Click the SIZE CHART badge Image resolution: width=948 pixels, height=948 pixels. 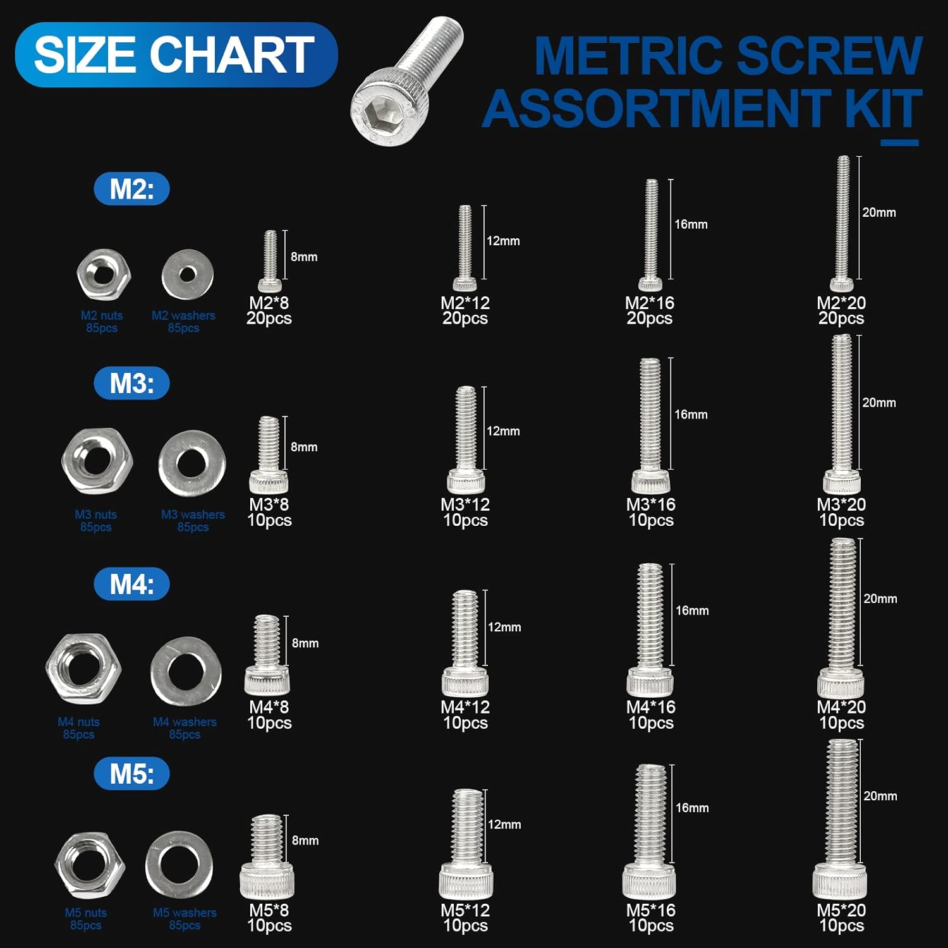pos(176,54)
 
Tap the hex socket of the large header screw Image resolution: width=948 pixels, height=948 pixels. pos(368,110)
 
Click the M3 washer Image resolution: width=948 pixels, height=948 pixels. pos(192,464)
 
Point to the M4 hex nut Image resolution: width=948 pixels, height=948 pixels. pos(83,667)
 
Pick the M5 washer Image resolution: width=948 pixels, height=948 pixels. pos(179,865)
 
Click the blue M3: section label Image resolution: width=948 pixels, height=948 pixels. pos(131,383)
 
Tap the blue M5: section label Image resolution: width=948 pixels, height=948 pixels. pos(131,774)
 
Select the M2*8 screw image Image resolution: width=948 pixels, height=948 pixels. pos(270,260)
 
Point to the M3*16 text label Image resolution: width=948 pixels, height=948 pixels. pos(650,504)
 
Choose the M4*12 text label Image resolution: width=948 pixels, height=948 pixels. pos(465,707)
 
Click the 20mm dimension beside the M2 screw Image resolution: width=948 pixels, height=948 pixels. pos(879,212)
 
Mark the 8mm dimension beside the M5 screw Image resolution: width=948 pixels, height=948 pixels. pos(305,841)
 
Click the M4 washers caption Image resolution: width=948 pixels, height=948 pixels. pos(185,722)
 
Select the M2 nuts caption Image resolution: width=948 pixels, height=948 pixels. pos(102,315)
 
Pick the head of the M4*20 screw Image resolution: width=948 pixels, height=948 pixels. pos(841,684)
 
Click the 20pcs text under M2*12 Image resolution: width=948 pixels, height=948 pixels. pos(465,319)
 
